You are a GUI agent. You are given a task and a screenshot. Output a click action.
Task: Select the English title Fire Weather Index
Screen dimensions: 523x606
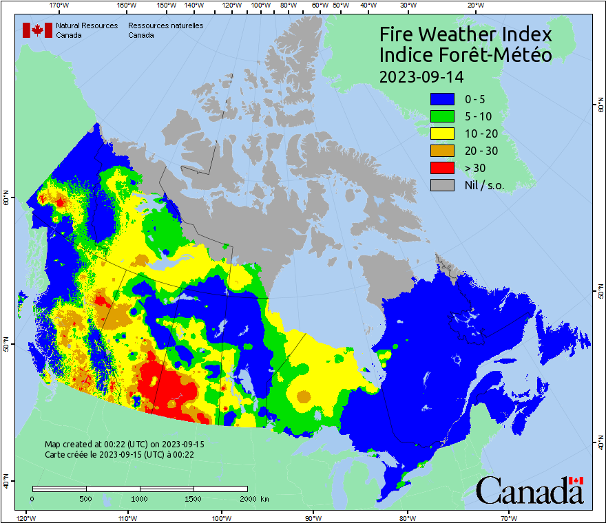[x=466, y=34]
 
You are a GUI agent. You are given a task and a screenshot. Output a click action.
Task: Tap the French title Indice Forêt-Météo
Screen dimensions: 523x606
[x=466, y=55]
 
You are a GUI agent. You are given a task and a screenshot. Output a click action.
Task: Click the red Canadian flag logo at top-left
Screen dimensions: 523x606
[x=37, y=30]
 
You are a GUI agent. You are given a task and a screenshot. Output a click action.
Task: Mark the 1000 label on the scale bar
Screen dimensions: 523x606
[x=140, y=498]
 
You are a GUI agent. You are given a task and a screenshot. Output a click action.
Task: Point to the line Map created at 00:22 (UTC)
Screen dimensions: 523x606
[x=124, y=445]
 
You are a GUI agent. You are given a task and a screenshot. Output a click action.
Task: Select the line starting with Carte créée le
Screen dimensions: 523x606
[x=119, y=455]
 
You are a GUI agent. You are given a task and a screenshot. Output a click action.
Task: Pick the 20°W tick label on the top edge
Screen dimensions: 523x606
[x=474, y=6]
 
